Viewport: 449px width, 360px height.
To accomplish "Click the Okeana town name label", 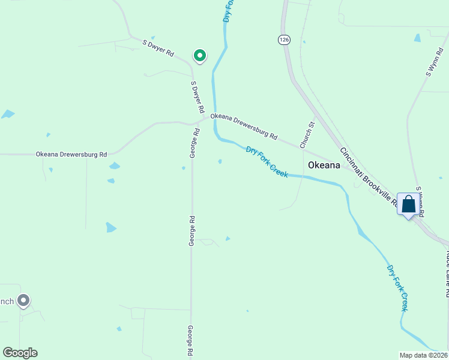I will [324, 165].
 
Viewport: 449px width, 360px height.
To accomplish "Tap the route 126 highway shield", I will [284, 40].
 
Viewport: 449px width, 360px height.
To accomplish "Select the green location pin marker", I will [199, 56].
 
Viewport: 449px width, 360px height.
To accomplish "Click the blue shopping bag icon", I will [408, 205].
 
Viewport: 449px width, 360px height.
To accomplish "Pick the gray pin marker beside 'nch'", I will [23, 300].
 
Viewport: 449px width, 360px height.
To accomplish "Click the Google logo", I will [20, 353].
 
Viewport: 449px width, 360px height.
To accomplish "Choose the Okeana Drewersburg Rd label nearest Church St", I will [244, 127].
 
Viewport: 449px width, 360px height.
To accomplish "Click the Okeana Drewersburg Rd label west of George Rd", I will [71, 154].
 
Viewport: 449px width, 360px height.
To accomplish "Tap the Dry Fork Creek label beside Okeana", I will [267, 161].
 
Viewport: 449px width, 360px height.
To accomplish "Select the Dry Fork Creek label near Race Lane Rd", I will [397, 288].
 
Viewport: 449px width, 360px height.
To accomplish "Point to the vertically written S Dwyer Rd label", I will [197, 98].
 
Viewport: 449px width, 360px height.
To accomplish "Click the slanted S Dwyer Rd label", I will [158, 48].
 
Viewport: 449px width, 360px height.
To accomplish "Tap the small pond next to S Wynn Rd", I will [417, 38].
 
